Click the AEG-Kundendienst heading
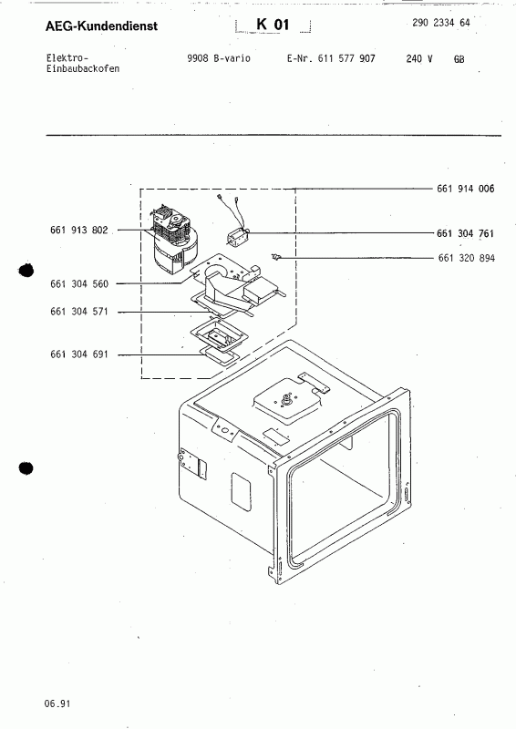click(x=88, y=27)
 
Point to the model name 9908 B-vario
click(x=217, y=58)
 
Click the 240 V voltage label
click(x=418, y=58)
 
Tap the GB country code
click(x=458, y=58)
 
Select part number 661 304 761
click(x=465, y=233)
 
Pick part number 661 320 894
click(x=465, y=258)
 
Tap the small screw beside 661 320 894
click(x=276, y=259)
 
